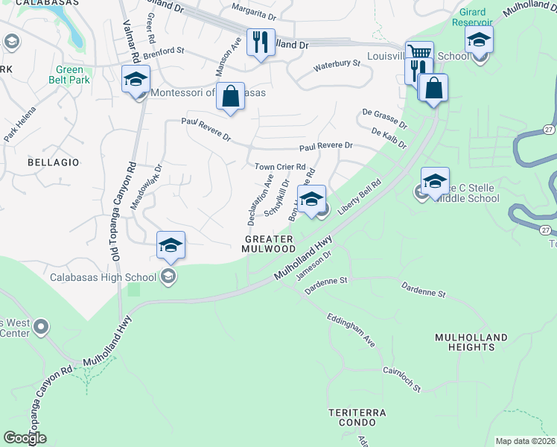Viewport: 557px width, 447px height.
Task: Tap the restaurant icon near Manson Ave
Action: coord(261,42)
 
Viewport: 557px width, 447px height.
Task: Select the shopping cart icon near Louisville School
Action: coord(419,54)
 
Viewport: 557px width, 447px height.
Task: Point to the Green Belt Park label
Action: coord(69,75)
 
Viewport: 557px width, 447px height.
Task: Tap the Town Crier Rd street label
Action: coord(280,167)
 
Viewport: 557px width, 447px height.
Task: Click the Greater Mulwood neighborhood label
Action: coord(270,244)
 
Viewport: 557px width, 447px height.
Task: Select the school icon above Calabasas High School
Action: coord(171,245)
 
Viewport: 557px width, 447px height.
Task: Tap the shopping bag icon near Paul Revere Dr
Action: coord(231,96)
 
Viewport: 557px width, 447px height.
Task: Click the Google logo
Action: coord(25,438)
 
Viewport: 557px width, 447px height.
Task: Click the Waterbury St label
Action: coord(337,65)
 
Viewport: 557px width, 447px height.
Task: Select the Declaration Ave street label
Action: coord(258,200)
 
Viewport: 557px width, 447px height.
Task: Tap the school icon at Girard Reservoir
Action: coord(479,39)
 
